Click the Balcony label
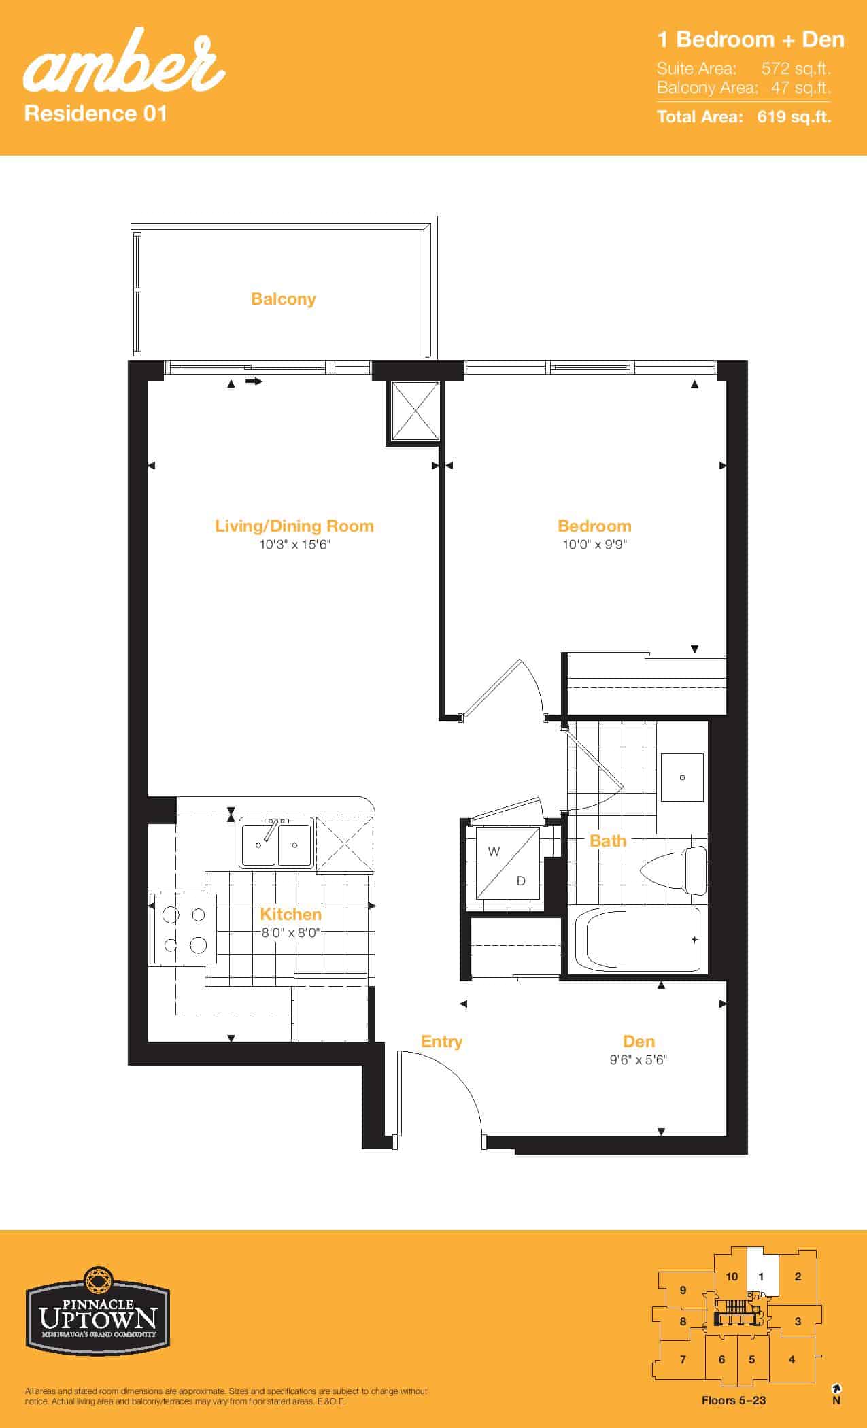283,299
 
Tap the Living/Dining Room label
294,526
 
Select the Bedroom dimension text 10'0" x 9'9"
595,544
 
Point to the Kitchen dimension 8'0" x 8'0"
291,932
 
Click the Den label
639,1041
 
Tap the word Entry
441,1042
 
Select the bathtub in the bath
638,940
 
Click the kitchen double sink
276,843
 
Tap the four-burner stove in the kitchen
185,928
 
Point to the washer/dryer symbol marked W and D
507,862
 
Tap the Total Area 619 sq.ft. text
744,117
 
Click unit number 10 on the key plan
732,1276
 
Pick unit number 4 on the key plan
792,1359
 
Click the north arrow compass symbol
836,1389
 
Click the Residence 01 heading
95,113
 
